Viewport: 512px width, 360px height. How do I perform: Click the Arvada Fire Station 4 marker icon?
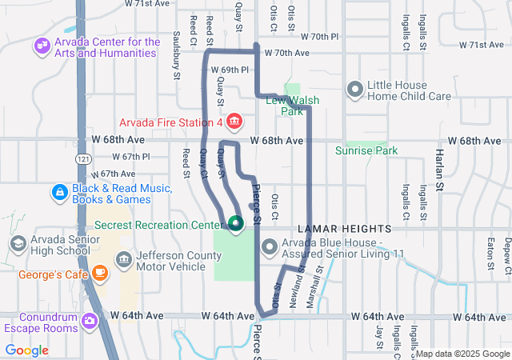click(x=234, y=122)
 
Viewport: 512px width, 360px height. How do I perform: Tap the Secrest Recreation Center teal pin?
click(x=235, y=223)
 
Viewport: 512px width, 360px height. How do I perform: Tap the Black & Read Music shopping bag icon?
click(x=59, y=193)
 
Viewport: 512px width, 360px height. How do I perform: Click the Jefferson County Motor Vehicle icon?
click(x=123, y=258)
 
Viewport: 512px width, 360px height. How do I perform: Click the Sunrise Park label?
click(x=366, y=150)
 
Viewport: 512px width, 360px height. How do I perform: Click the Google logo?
click(x=26, y=350)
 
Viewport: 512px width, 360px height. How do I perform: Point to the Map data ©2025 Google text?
click(x=462, y=354)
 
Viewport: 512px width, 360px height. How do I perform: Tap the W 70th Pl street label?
click(x=320, y=37)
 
